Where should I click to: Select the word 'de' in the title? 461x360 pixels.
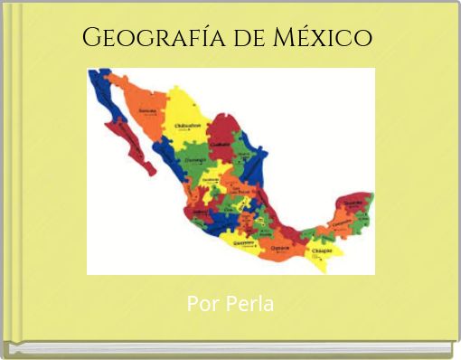coord(238,39)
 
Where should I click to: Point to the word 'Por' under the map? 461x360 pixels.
coord(200,304)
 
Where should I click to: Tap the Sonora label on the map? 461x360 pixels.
coord(146,111)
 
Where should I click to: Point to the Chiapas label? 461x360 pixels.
coord(323,250)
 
